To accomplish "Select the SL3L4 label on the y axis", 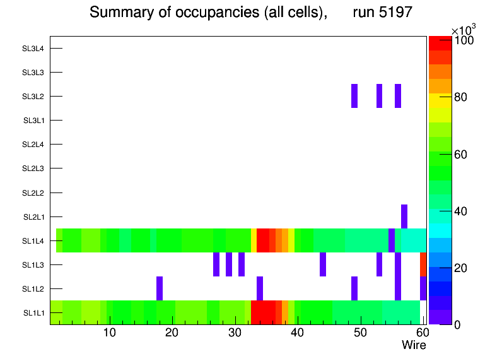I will coord(33,49).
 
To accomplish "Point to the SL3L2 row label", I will coord(33,97).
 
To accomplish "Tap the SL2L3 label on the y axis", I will coord(33,169).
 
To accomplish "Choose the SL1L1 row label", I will coord(33,313).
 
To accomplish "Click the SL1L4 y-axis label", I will coord(33,240).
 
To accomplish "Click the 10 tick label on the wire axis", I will coord(109,333).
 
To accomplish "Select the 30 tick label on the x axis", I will coord(235,333).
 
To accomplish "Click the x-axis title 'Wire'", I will coord(414,345).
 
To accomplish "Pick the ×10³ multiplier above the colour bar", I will coord(464,29).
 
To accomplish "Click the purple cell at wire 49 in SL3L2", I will coord(354,96).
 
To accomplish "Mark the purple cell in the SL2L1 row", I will coord(404,216).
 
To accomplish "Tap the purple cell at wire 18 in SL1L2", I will coord(160,288).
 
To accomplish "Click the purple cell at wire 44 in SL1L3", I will coord(323,264).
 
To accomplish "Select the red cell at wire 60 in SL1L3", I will coord(423,264).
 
